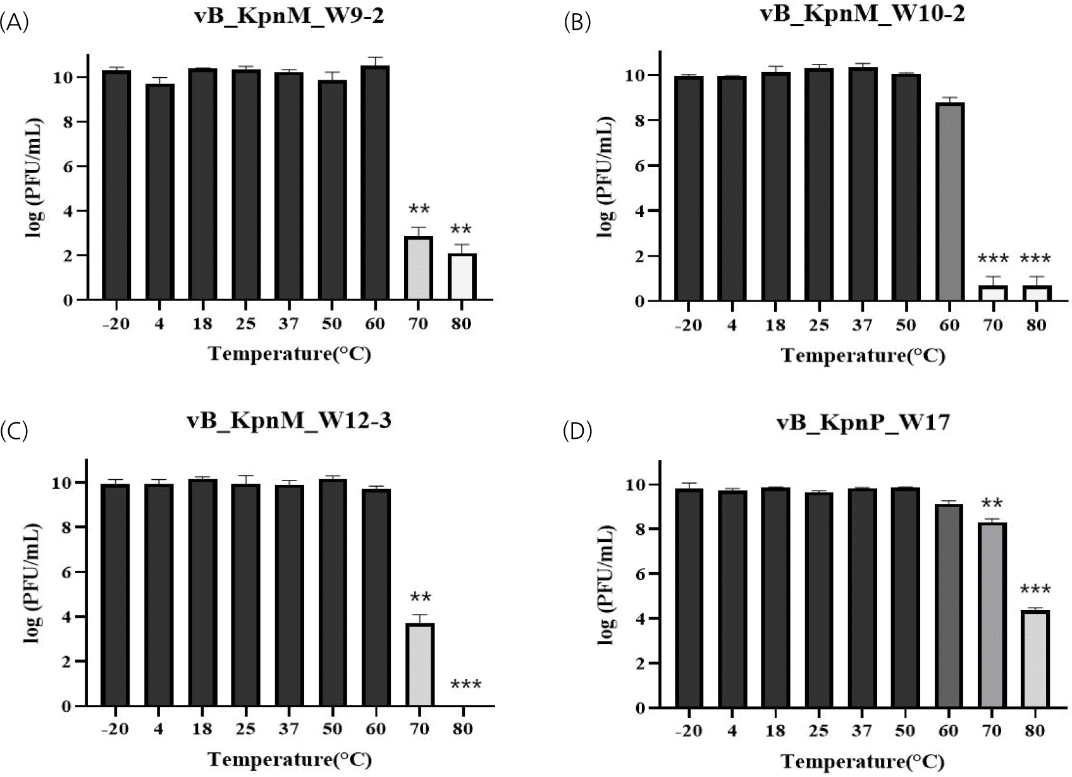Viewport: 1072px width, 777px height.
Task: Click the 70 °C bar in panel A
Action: tap(418, 268)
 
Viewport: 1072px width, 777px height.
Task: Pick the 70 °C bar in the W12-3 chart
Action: tap(419, 665)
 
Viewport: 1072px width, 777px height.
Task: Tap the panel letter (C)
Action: tap(14, 431)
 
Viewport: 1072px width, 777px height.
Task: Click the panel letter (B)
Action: tap(577, 23)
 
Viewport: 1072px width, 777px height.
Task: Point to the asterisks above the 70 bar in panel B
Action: tap(993, 259)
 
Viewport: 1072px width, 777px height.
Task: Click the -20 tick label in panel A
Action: tap(114, 324)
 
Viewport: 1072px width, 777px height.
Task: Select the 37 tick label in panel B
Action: tap(861, 325)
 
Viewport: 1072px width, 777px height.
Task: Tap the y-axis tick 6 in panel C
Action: tap(66, 572)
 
